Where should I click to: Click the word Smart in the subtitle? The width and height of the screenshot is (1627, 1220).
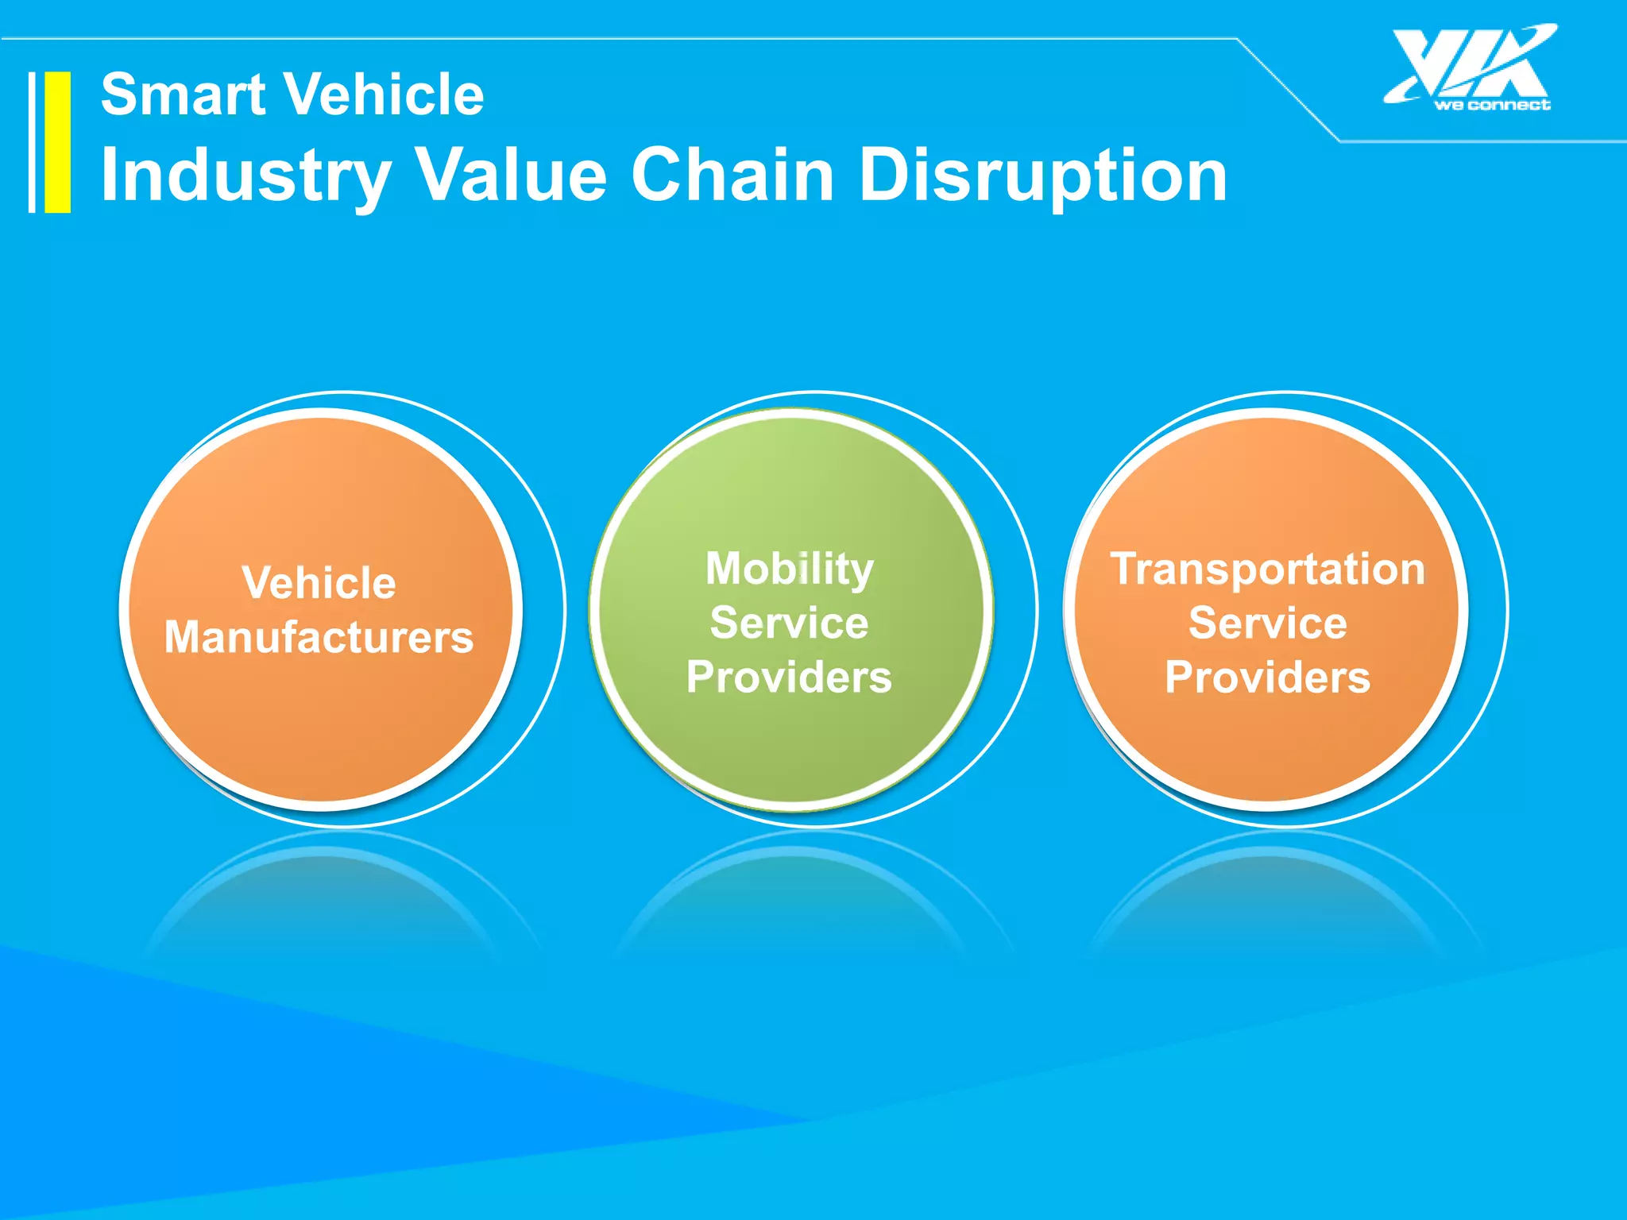coord(183,95)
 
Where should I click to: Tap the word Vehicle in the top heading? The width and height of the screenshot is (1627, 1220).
coord(385,95)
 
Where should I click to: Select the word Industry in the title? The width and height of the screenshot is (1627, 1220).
coord(245,176)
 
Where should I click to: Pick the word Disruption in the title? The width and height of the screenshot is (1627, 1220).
coord(1043,176)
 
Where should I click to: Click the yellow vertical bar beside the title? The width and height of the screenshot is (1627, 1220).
coord(57,142)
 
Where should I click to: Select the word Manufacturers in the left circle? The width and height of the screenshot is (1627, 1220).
coord(319,638)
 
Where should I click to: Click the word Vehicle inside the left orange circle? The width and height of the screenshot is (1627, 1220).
coord(319,583)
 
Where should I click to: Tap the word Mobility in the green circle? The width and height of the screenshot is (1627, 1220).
coord(790,569)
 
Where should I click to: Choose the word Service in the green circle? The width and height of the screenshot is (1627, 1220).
coord(790,623)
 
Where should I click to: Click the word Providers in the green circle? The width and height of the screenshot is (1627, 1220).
coord(790,677)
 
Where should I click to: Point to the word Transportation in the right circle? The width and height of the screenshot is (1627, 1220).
coord(1268,569)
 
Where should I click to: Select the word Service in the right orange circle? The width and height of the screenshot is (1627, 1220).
coord(1268,623)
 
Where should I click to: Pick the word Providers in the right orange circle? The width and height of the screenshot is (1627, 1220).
coord(1268,677)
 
